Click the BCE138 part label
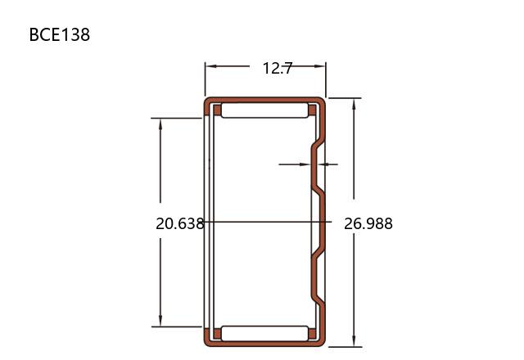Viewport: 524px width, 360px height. pyautogui.click(x=60, y=34)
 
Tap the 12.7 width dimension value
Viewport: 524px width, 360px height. pyautogui.click(x=278, y=69)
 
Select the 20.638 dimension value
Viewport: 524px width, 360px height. pyautogui.click(x=180, y=223)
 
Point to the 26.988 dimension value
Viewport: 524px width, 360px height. pyautogui.click(x=368, y=223)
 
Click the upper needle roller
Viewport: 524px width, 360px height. pyautogui.click(x=264, y=110)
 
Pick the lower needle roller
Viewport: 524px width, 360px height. pyautogui.click(x=264, y=333)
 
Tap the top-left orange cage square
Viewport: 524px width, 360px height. pyautogui.click(x=217, y=110)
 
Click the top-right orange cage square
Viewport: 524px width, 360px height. pyautogui.click(x=312, y=110)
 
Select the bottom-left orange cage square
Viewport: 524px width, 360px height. pyautogui.click(x=217, y=334)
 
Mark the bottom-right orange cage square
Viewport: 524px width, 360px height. pyautogui.click(x=312, y=334)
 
